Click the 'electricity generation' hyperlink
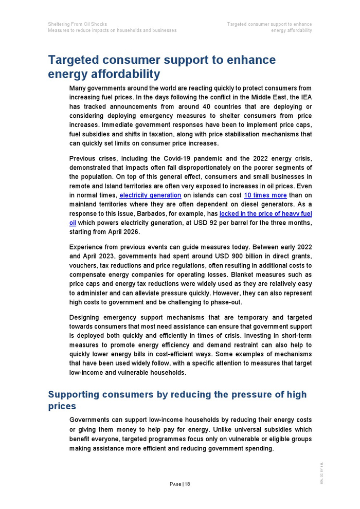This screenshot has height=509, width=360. (x=150, y=195)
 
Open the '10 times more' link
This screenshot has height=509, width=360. (x=265, y=195)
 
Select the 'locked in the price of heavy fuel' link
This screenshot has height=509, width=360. (x=265, y=214)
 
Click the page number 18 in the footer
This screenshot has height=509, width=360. (x=187, y=484)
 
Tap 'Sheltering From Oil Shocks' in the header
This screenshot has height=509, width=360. (x=77, y=24)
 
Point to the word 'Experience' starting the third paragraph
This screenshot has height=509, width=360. (x=88, y=247)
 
